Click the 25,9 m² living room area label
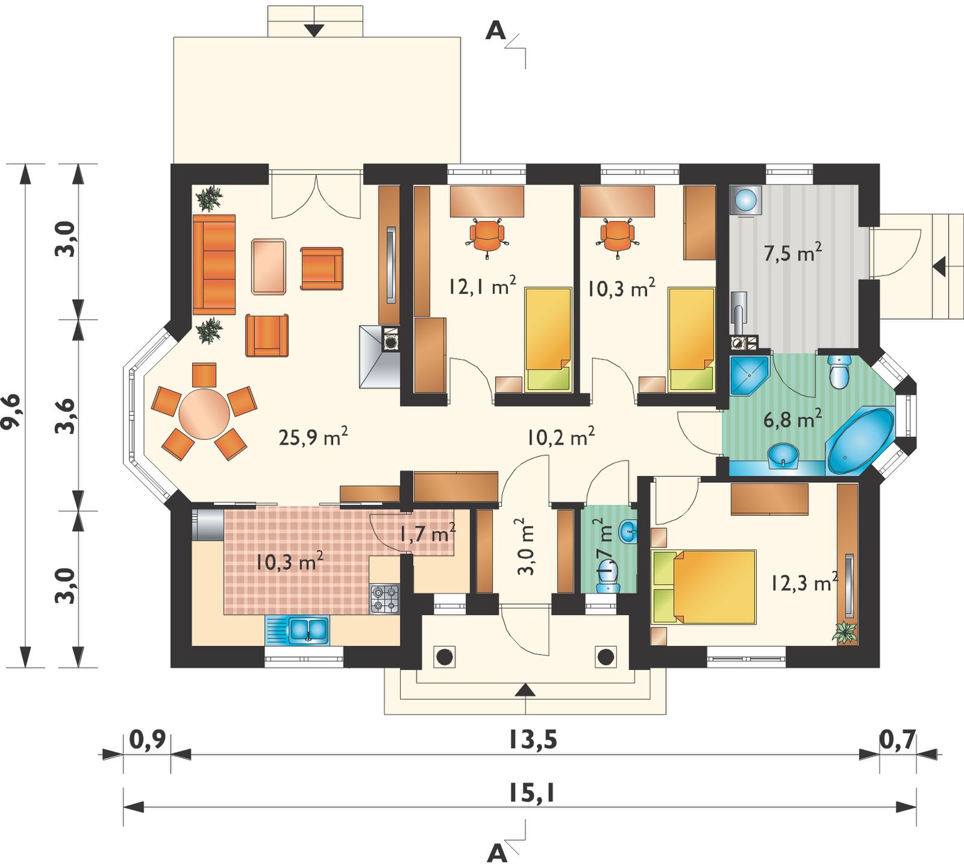[313, 437]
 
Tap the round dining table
[204, 414]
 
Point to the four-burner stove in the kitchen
[384, 599]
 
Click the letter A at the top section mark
[495, 31]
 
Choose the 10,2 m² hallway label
[561, 437]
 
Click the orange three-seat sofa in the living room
[214, 265]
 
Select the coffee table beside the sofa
[269, 266]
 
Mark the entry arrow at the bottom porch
[525, 690]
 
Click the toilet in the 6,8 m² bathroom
[839, 371]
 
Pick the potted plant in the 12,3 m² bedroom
[847, 633]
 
